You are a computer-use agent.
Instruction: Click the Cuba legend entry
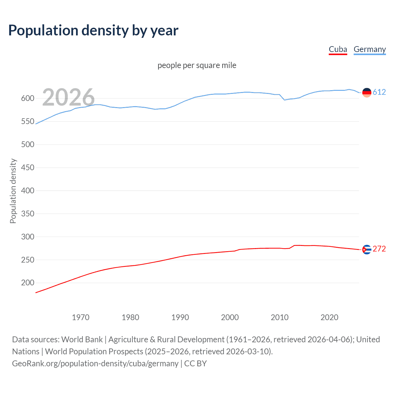pos(338,49)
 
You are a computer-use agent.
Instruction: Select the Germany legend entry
pos(369,49)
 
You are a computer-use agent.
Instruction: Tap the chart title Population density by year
pos(93,30)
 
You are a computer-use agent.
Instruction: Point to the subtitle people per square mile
pos(197,65)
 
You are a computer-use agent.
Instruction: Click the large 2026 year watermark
pos(68,97)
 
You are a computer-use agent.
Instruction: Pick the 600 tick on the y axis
pos(28,98)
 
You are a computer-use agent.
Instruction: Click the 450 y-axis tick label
pos(28,167)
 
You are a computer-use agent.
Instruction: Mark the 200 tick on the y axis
pos(28,283)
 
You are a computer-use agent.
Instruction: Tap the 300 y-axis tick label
pos(28,237)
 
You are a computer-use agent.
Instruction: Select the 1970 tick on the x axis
pos(81,317)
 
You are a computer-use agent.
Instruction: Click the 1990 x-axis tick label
pos(180,317)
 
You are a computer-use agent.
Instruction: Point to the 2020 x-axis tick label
pos(329,317)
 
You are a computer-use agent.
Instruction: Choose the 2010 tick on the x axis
pos(279,317)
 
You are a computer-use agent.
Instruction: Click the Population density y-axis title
pos(13,191)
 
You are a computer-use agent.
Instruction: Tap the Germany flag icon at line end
pos(367,92)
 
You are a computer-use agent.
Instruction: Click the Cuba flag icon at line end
pos(367,249)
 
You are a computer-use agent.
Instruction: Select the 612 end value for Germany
pos(379,92)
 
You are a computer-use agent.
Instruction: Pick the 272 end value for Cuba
pos(379,249)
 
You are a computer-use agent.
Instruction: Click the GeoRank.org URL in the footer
pos(95,364)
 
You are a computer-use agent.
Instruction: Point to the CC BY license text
pos(195,364)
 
